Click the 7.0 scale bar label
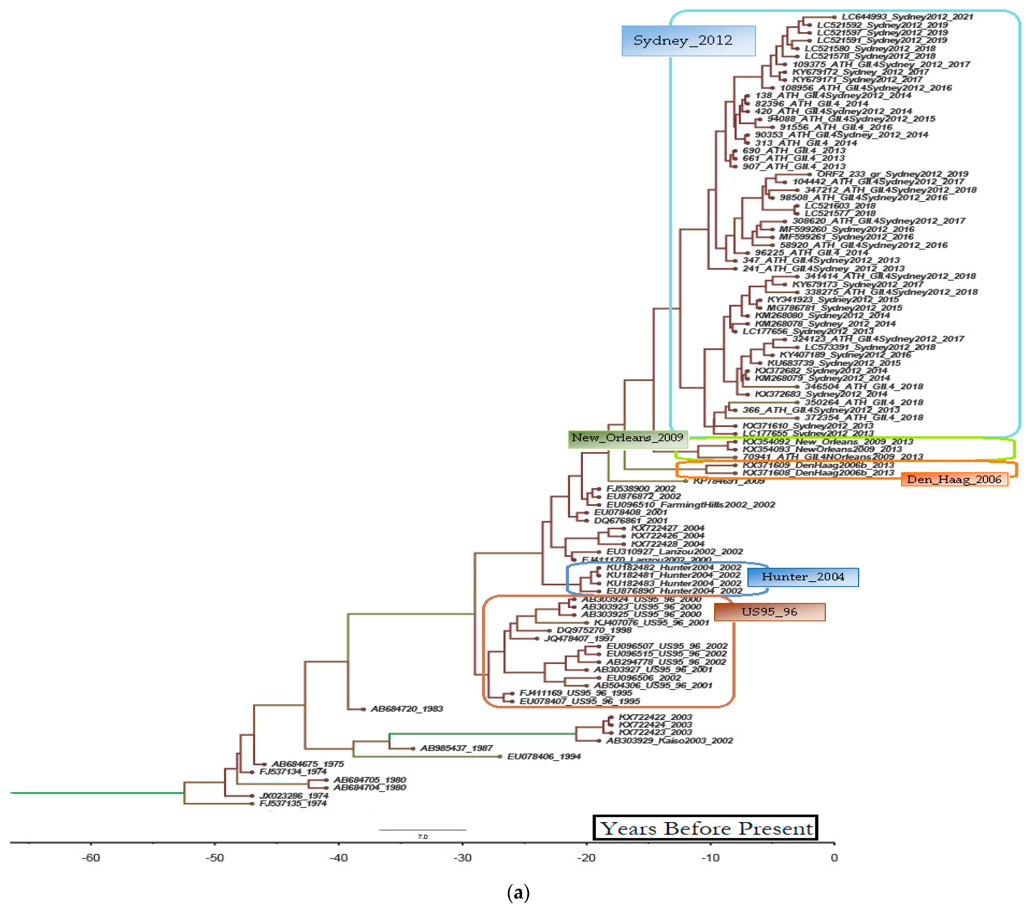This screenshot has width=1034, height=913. click(x=422, y=837)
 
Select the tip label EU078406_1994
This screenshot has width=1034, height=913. click(x=544, y=757)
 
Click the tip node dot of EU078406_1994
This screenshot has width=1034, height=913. click(x=500, y=757)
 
